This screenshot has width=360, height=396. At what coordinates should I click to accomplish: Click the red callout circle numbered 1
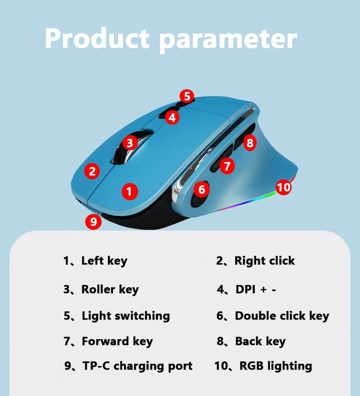point(130,192)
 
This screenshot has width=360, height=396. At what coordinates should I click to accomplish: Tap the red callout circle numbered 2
point(92,171)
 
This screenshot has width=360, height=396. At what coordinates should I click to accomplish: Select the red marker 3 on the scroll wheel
point(130,143)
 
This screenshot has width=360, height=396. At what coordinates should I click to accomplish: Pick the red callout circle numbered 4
point(172,118)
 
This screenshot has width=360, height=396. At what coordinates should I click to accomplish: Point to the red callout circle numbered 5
point(187,96)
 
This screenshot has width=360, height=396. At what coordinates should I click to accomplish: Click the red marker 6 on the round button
point(202,190)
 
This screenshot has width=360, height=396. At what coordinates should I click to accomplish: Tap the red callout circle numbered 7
point(227,166)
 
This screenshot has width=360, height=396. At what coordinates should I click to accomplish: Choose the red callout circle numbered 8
point(250,143)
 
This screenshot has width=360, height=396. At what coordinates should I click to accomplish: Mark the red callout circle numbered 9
point(93,222)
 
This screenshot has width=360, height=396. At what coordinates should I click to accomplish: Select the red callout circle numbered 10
point(283,187)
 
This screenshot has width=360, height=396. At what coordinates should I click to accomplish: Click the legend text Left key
point(104,261)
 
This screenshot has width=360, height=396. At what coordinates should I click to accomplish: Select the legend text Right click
point(265,261)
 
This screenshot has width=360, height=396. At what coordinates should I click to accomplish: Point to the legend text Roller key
point(110,289)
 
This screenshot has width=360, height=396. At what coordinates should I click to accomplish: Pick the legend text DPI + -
point(256,289)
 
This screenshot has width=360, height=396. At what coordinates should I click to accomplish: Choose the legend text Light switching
point(126,316)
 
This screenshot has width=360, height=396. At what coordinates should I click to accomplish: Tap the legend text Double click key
point(282,316)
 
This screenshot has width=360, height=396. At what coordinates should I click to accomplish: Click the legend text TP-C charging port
point(137,366)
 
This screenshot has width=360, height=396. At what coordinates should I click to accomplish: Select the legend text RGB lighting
point(275,366)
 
